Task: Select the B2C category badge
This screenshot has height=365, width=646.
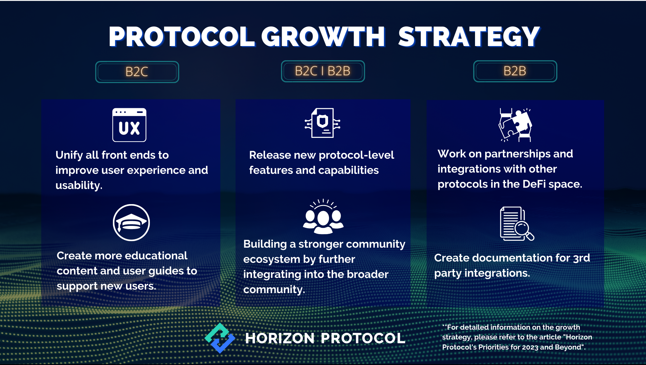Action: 137,72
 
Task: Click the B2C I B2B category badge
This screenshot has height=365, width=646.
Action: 323,71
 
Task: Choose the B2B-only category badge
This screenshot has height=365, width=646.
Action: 515,71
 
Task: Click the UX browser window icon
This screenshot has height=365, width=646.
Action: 129,125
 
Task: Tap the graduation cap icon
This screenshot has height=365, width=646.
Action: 131,222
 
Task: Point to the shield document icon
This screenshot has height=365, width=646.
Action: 322,123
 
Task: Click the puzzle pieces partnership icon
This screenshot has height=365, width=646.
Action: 515,125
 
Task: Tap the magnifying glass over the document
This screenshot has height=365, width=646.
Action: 524,230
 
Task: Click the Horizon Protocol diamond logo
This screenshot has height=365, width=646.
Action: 220,338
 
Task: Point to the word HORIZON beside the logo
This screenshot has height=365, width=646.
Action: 280,338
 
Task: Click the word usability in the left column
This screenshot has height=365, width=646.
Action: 79,185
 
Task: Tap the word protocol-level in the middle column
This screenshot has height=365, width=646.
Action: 356,155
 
